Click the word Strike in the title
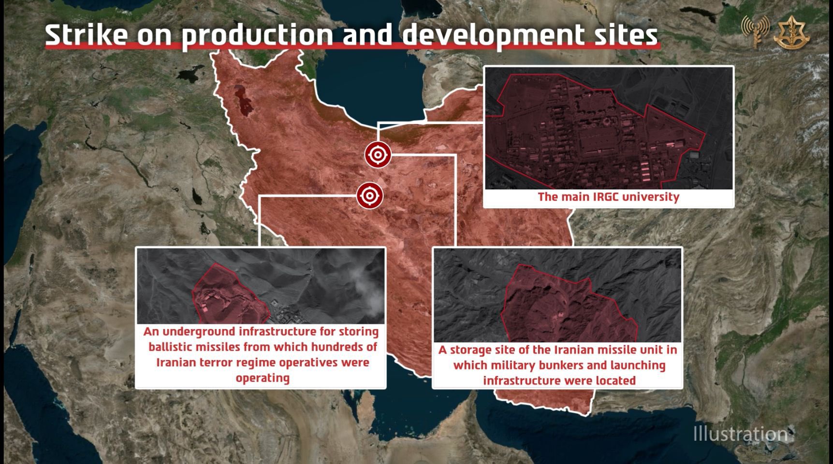[87, 35]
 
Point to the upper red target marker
[378, 155]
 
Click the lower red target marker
[370, 196]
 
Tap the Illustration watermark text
[740, 434]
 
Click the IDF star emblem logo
[792, 33]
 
